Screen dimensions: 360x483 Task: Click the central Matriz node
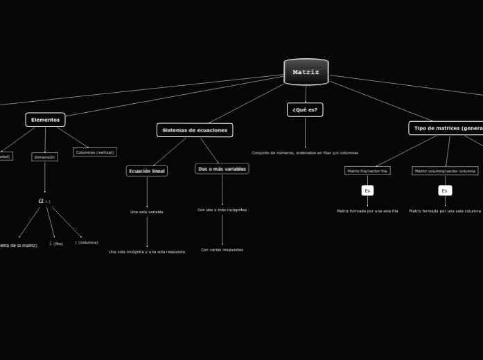(306, 72)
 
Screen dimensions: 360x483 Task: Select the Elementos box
(45, 120)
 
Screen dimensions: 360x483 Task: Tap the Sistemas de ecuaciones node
(195, 130)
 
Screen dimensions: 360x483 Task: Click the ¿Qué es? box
(305, 109)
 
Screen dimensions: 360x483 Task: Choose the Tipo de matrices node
(446, 128)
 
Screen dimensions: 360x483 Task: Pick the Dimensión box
(44, 157)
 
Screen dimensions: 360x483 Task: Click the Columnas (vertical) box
(95, 152)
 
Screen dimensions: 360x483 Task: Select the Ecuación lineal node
(147, 171)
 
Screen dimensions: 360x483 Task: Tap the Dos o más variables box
(222, 169)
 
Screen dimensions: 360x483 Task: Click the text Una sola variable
(147, 212)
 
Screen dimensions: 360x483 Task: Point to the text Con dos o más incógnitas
(222, 210)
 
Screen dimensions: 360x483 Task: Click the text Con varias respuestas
(222, 250)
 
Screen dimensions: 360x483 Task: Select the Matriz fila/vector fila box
(367, 171)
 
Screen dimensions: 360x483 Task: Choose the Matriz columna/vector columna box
(445, 171)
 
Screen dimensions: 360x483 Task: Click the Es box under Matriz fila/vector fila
(367, 190)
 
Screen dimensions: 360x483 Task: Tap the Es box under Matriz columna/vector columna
(445, 190)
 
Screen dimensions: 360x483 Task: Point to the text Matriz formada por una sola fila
(367, 211)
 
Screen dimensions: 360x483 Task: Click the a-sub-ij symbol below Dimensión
(44, 201)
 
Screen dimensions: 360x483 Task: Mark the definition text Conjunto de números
(305, 153)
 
